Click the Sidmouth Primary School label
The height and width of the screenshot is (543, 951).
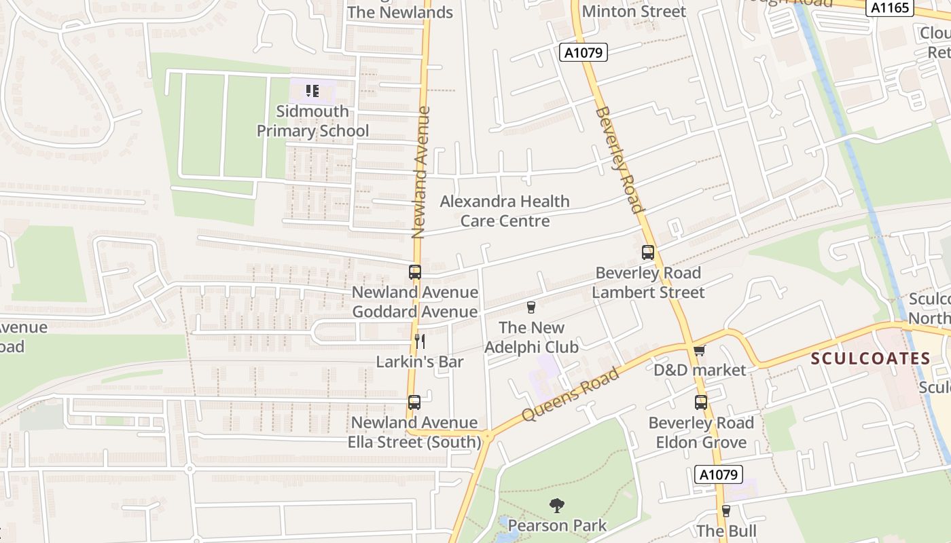pyautogui.click(x=312, y=121)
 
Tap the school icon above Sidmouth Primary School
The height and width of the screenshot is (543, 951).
pyautogui.click(x=312, y=90)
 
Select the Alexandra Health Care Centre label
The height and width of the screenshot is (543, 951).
pyautogui.click(x=505, y=211)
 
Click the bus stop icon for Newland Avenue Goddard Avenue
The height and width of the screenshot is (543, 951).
pyautogui.click(x=415, y=272)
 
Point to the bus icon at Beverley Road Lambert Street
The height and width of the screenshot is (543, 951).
pyautogui.click(x=648, y=252)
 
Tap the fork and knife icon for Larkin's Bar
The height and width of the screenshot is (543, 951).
pyautogui.click(x=420, y=341)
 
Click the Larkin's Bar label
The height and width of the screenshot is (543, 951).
pyautogui.click(x=420, y=362)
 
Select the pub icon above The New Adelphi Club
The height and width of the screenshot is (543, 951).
pyautogui.click(x=531, y=307)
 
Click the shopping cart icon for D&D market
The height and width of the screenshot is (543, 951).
pyautogui.click(x=700, y=350)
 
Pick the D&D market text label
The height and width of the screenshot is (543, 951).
pyautogui.click(x=700, y=370)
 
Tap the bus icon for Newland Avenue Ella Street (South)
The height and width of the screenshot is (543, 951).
pyautogui.click(x=414, y=402)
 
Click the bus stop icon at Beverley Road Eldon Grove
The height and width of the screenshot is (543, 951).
pyautogui.click(x=701, y=402)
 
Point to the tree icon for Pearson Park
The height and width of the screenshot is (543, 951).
pyautogui.click(x=557, y=505)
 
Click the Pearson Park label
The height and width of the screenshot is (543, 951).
pyautogui.click(x=557, y=525)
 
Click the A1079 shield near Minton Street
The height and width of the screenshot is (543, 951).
pyautogui.click(x=584, y=52)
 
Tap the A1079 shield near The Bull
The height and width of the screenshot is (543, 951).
pyautogui.click(x=719, y=474)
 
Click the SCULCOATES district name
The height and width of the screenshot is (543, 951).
pyautogui.click(x=871, y=358)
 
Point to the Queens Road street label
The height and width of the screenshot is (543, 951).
pyautogui.click(x=571, y=394)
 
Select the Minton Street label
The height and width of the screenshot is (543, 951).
pyautogui.click(x=634, y=11)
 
